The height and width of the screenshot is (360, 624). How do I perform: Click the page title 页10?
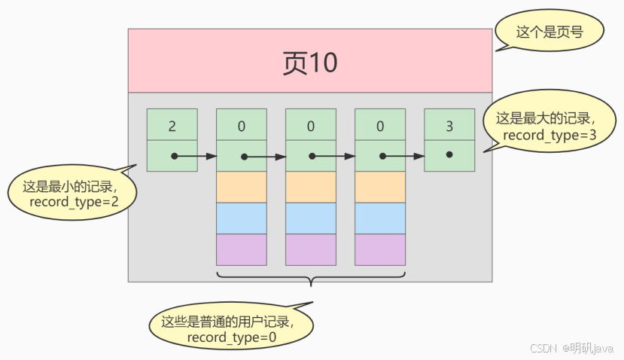(x=309, y=63)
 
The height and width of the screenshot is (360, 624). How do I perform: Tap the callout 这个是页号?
(x=539, y=32)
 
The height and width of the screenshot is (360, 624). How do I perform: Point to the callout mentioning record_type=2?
(x=62, y=194)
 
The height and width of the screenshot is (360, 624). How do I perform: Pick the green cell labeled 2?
(x=172, y=124)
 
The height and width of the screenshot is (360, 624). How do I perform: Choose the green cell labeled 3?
(x=449, y=124)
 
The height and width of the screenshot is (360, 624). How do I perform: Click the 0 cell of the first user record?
(x=242, y=124)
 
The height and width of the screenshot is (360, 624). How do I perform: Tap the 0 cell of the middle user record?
(x=311, y=124)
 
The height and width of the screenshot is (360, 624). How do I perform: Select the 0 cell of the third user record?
(x=380, y=124)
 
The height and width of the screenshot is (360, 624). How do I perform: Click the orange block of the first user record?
(x=242, y=187)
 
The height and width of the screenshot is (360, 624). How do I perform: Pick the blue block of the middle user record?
(x=311, y=218)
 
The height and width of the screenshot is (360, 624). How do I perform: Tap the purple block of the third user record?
(x=380, y=249)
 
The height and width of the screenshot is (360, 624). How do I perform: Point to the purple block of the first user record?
(x=242, y=249)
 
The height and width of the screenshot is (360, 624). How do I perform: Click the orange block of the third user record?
(x=380, y=187)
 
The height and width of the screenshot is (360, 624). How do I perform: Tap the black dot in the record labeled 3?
(x=449, y=154)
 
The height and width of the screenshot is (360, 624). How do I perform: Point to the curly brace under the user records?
(x=311, y=280)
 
